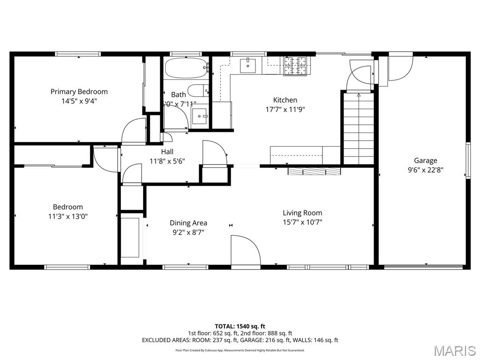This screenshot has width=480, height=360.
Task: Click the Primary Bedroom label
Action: [x=79, y=91]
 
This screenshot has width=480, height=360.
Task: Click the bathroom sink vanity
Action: [x=200, y=116]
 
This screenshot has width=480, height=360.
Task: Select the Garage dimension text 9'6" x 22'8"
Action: [x=425, y=170]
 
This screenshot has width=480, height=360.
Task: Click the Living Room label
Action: [x=302, y=213]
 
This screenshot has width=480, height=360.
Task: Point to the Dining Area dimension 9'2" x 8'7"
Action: [x=188, y=232]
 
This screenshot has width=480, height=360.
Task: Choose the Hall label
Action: [x=167, y=151]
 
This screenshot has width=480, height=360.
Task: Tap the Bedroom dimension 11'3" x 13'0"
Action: [x=68, y=216]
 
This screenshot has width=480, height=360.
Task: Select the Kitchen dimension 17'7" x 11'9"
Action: [x=285, y=109]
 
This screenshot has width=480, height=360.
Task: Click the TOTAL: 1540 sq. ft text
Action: [x=240, y=326]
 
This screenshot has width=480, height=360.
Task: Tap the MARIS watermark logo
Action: [x=454, y=351]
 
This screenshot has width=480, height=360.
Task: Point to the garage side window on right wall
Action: [x=467, y=160]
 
